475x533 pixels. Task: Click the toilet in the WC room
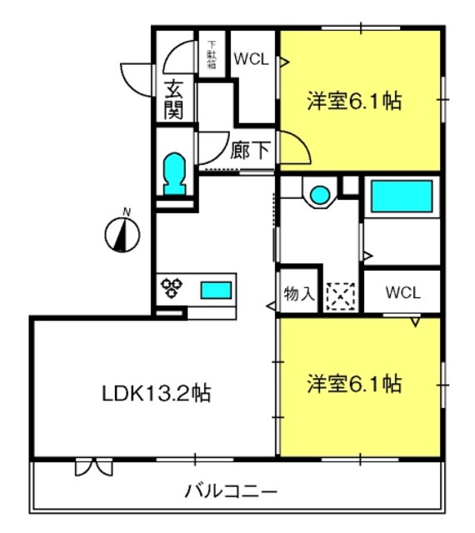pos(174,174)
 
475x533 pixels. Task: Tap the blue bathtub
pos(402,197)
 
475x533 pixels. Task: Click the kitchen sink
pos(216,291)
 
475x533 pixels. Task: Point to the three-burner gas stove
pos(172,288)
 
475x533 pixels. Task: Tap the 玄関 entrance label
pos(174,100)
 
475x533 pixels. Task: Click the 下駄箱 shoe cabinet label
pos(212,54)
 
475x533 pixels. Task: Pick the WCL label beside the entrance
pos(252,59)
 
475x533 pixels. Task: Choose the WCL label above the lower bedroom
pos(403,292)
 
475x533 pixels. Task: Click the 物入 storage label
pos(299,293)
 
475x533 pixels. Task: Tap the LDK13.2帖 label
pos(157,393)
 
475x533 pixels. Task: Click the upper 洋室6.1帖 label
pos(354,101)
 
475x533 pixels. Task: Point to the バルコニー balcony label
pos(231,491)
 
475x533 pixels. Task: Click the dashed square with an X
pos(341,296)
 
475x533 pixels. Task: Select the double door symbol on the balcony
pos(93,467)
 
